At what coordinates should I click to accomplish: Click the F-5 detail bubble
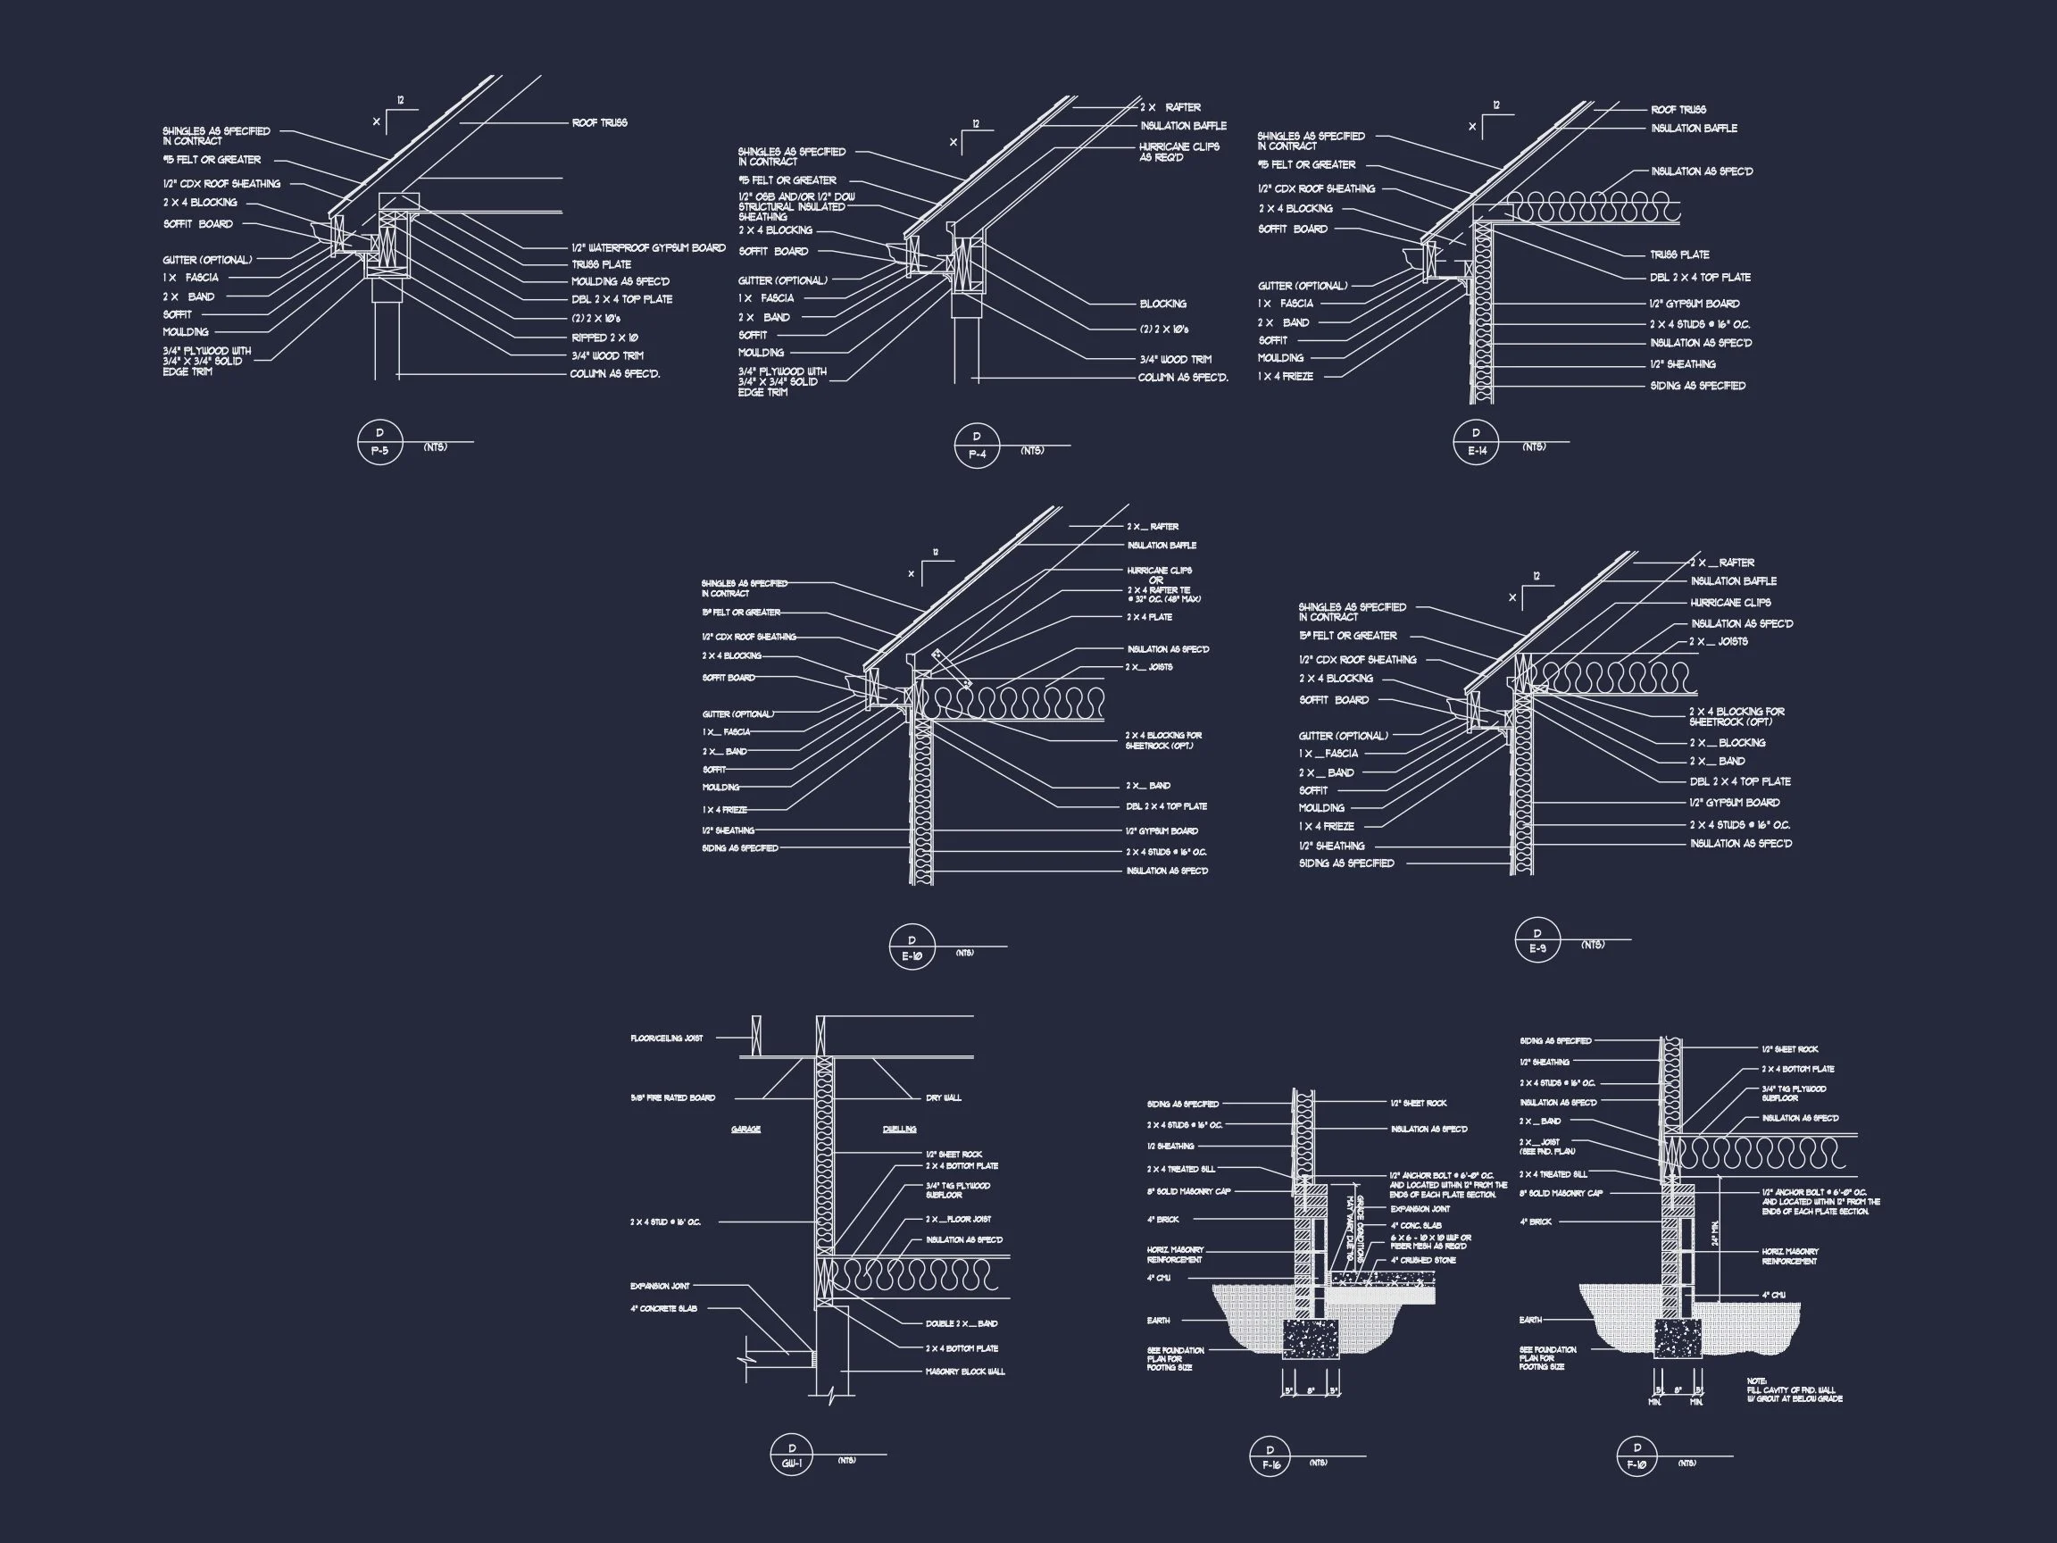379,442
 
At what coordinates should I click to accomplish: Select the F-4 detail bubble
977,446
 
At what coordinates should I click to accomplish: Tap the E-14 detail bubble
1477,442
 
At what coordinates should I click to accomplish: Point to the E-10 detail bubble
912,947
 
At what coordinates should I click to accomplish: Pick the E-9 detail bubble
1537,940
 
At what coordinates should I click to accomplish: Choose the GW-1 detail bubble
792,1455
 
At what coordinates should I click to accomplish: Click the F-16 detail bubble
1270,1456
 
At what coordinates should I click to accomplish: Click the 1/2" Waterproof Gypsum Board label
648,248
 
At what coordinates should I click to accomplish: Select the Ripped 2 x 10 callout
604,338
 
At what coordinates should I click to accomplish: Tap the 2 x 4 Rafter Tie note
1163,595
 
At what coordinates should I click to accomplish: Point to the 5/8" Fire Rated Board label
672,1098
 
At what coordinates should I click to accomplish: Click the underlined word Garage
745,1129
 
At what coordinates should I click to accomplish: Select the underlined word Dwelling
899,1129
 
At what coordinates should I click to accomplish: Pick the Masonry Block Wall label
965,1372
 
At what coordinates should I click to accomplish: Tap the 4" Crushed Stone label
1423,1260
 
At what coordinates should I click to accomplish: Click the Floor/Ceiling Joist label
667,1038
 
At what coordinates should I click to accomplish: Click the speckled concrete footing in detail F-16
1311,1340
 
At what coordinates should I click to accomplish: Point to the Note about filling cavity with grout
1794,1389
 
